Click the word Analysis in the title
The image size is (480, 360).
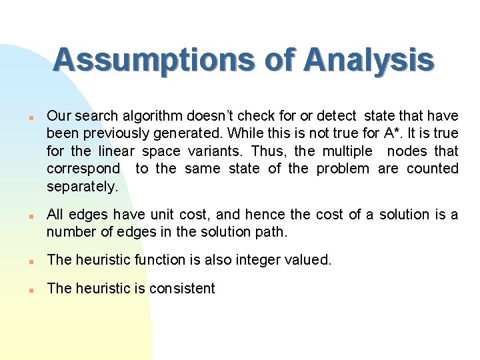click(368, 61)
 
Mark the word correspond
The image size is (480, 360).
click(83, 169)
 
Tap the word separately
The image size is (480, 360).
click(82, 187)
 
